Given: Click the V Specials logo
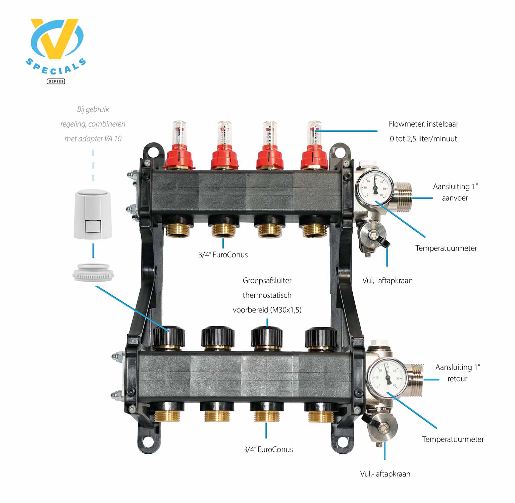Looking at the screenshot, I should click(x=56, y=50).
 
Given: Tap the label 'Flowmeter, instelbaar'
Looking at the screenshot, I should click(x=423, y=124).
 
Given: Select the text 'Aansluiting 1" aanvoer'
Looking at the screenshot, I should click(x=455, y=192).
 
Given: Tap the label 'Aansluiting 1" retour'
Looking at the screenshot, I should click(x=458, y=373).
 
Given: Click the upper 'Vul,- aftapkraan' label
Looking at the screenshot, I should click(x=388, y=281).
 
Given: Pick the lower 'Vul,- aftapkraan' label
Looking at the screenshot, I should click(x=385, y=474).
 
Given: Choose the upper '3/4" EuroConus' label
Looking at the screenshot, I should click(x=223, y=255).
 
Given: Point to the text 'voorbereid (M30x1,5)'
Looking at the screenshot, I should click(x=267, y=310).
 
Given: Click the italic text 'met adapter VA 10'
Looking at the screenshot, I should click(x=93, y=139).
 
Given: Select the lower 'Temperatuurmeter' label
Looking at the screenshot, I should click(x=453, y=439).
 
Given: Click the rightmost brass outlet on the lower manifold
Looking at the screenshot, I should click(x=321, y=415).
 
